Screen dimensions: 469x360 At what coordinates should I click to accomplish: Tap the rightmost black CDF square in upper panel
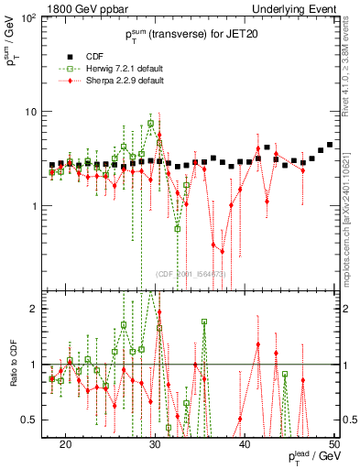[x=330, y=145]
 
